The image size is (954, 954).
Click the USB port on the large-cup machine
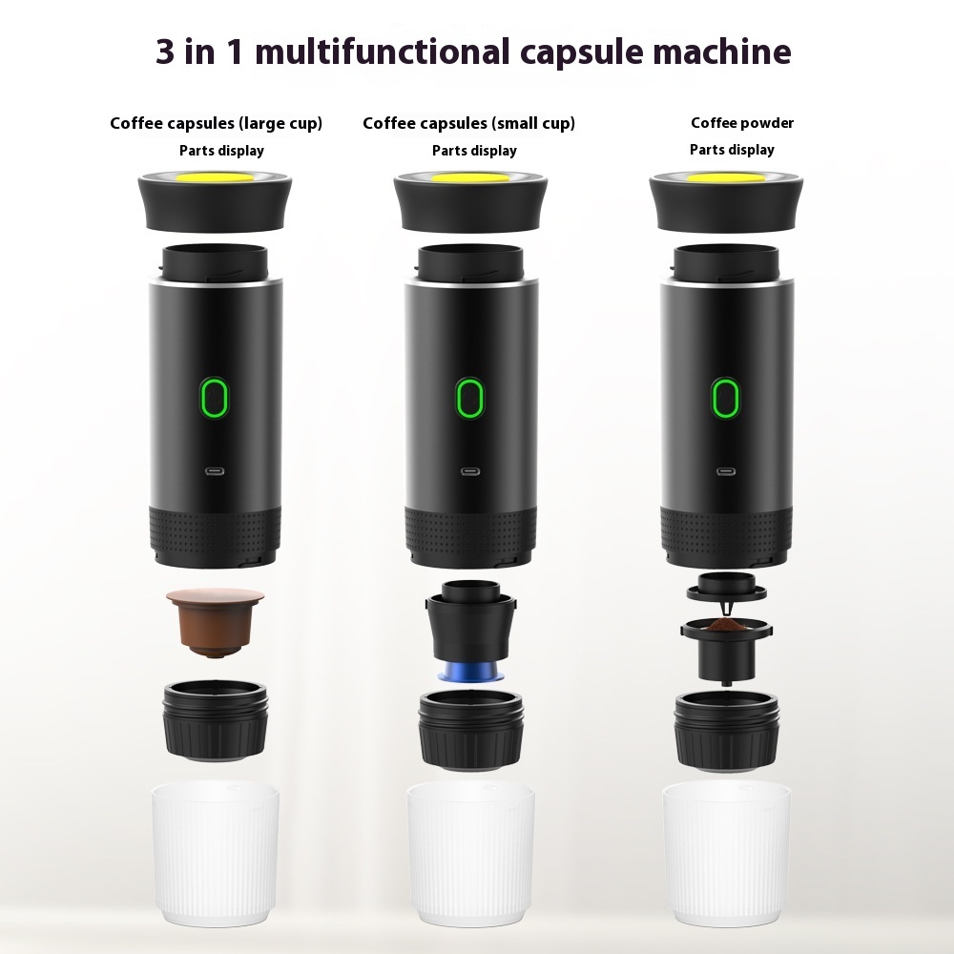216,470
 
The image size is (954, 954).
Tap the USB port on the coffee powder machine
726,470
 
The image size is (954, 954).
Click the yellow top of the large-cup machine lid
216,177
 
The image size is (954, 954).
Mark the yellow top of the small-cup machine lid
470,178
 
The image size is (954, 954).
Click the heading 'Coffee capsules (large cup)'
216,123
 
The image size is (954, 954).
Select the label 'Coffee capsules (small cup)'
468,123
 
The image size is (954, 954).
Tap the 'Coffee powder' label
742,122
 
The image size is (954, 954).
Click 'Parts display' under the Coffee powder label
732,150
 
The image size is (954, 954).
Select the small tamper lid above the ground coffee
724,585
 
